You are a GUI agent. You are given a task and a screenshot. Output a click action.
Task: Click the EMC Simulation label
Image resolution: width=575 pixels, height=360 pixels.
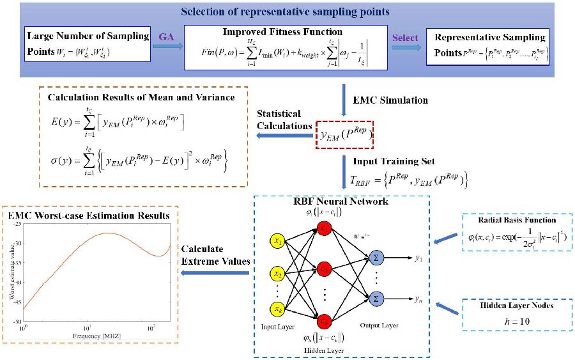tap(388, 100)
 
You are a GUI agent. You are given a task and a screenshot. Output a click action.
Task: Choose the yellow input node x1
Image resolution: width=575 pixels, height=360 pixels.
tap(279, 243)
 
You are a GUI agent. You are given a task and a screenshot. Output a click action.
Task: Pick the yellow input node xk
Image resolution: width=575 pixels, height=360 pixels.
tap(279, 309)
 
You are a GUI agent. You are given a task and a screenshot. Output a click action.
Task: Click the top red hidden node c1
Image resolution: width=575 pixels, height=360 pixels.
tap(325, 228)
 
